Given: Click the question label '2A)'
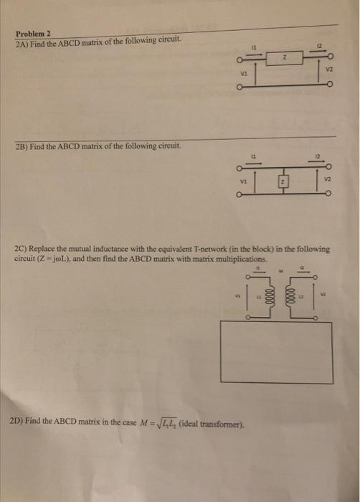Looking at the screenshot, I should [x=22, y=42].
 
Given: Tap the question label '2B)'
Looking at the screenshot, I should [x=22, y=146].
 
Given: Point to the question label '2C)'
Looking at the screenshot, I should [x=22, y=249].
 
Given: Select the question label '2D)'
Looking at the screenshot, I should [x=22, y=421].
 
